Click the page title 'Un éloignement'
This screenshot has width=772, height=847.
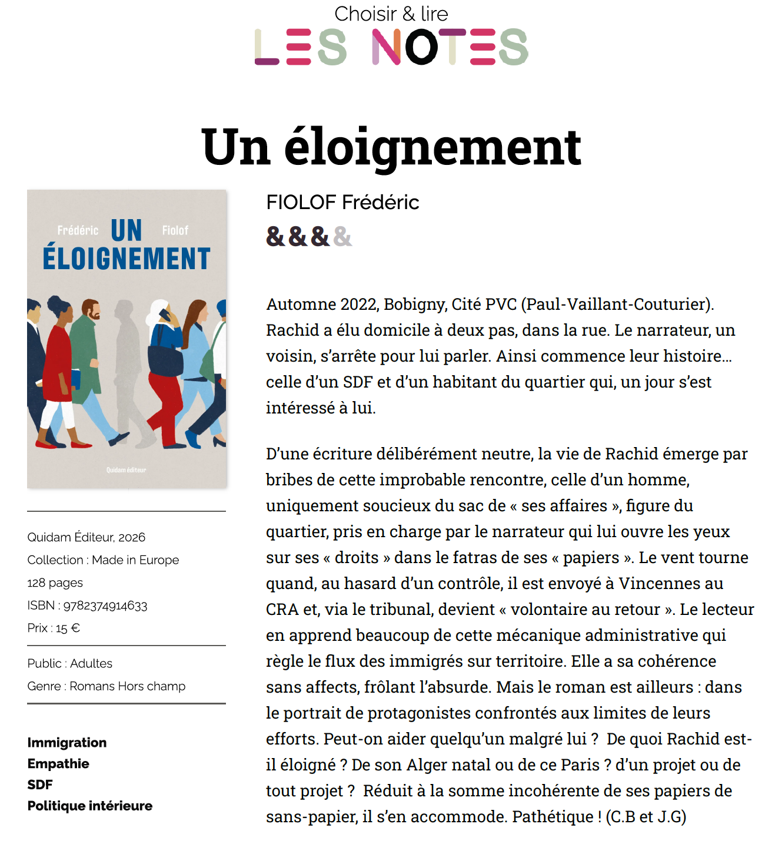[x=391, y=147]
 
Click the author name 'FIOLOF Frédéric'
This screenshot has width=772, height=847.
[x=342, y=203]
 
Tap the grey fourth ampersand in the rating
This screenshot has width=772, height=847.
[x=342, y=237]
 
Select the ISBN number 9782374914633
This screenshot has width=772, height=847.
[x=105, y=606]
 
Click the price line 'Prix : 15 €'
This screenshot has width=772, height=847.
[x=54, y=628]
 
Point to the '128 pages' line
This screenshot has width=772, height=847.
[x=55, y=583]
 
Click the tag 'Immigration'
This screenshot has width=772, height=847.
[x=67, y=742]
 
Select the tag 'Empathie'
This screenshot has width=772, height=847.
[x=58, y=763]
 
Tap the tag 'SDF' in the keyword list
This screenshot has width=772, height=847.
[x=40, y=785]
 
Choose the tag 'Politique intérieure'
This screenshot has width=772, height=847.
[x=90, y=806]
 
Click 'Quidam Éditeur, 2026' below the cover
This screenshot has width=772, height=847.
[x=86, y=537]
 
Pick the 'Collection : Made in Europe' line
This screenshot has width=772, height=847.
[x=103, y=560]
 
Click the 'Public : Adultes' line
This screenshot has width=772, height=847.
[x=70, y=663]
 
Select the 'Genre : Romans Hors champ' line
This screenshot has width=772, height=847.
[x=107, y=686]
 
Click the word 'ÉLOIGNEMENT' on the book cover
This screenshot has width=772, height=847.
[x=127, y=259]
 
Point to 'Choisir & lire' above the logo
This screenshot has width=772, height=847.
[x=391, y=14]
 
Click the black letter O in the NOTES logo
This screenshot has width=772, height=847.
[x=422, y=47]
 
